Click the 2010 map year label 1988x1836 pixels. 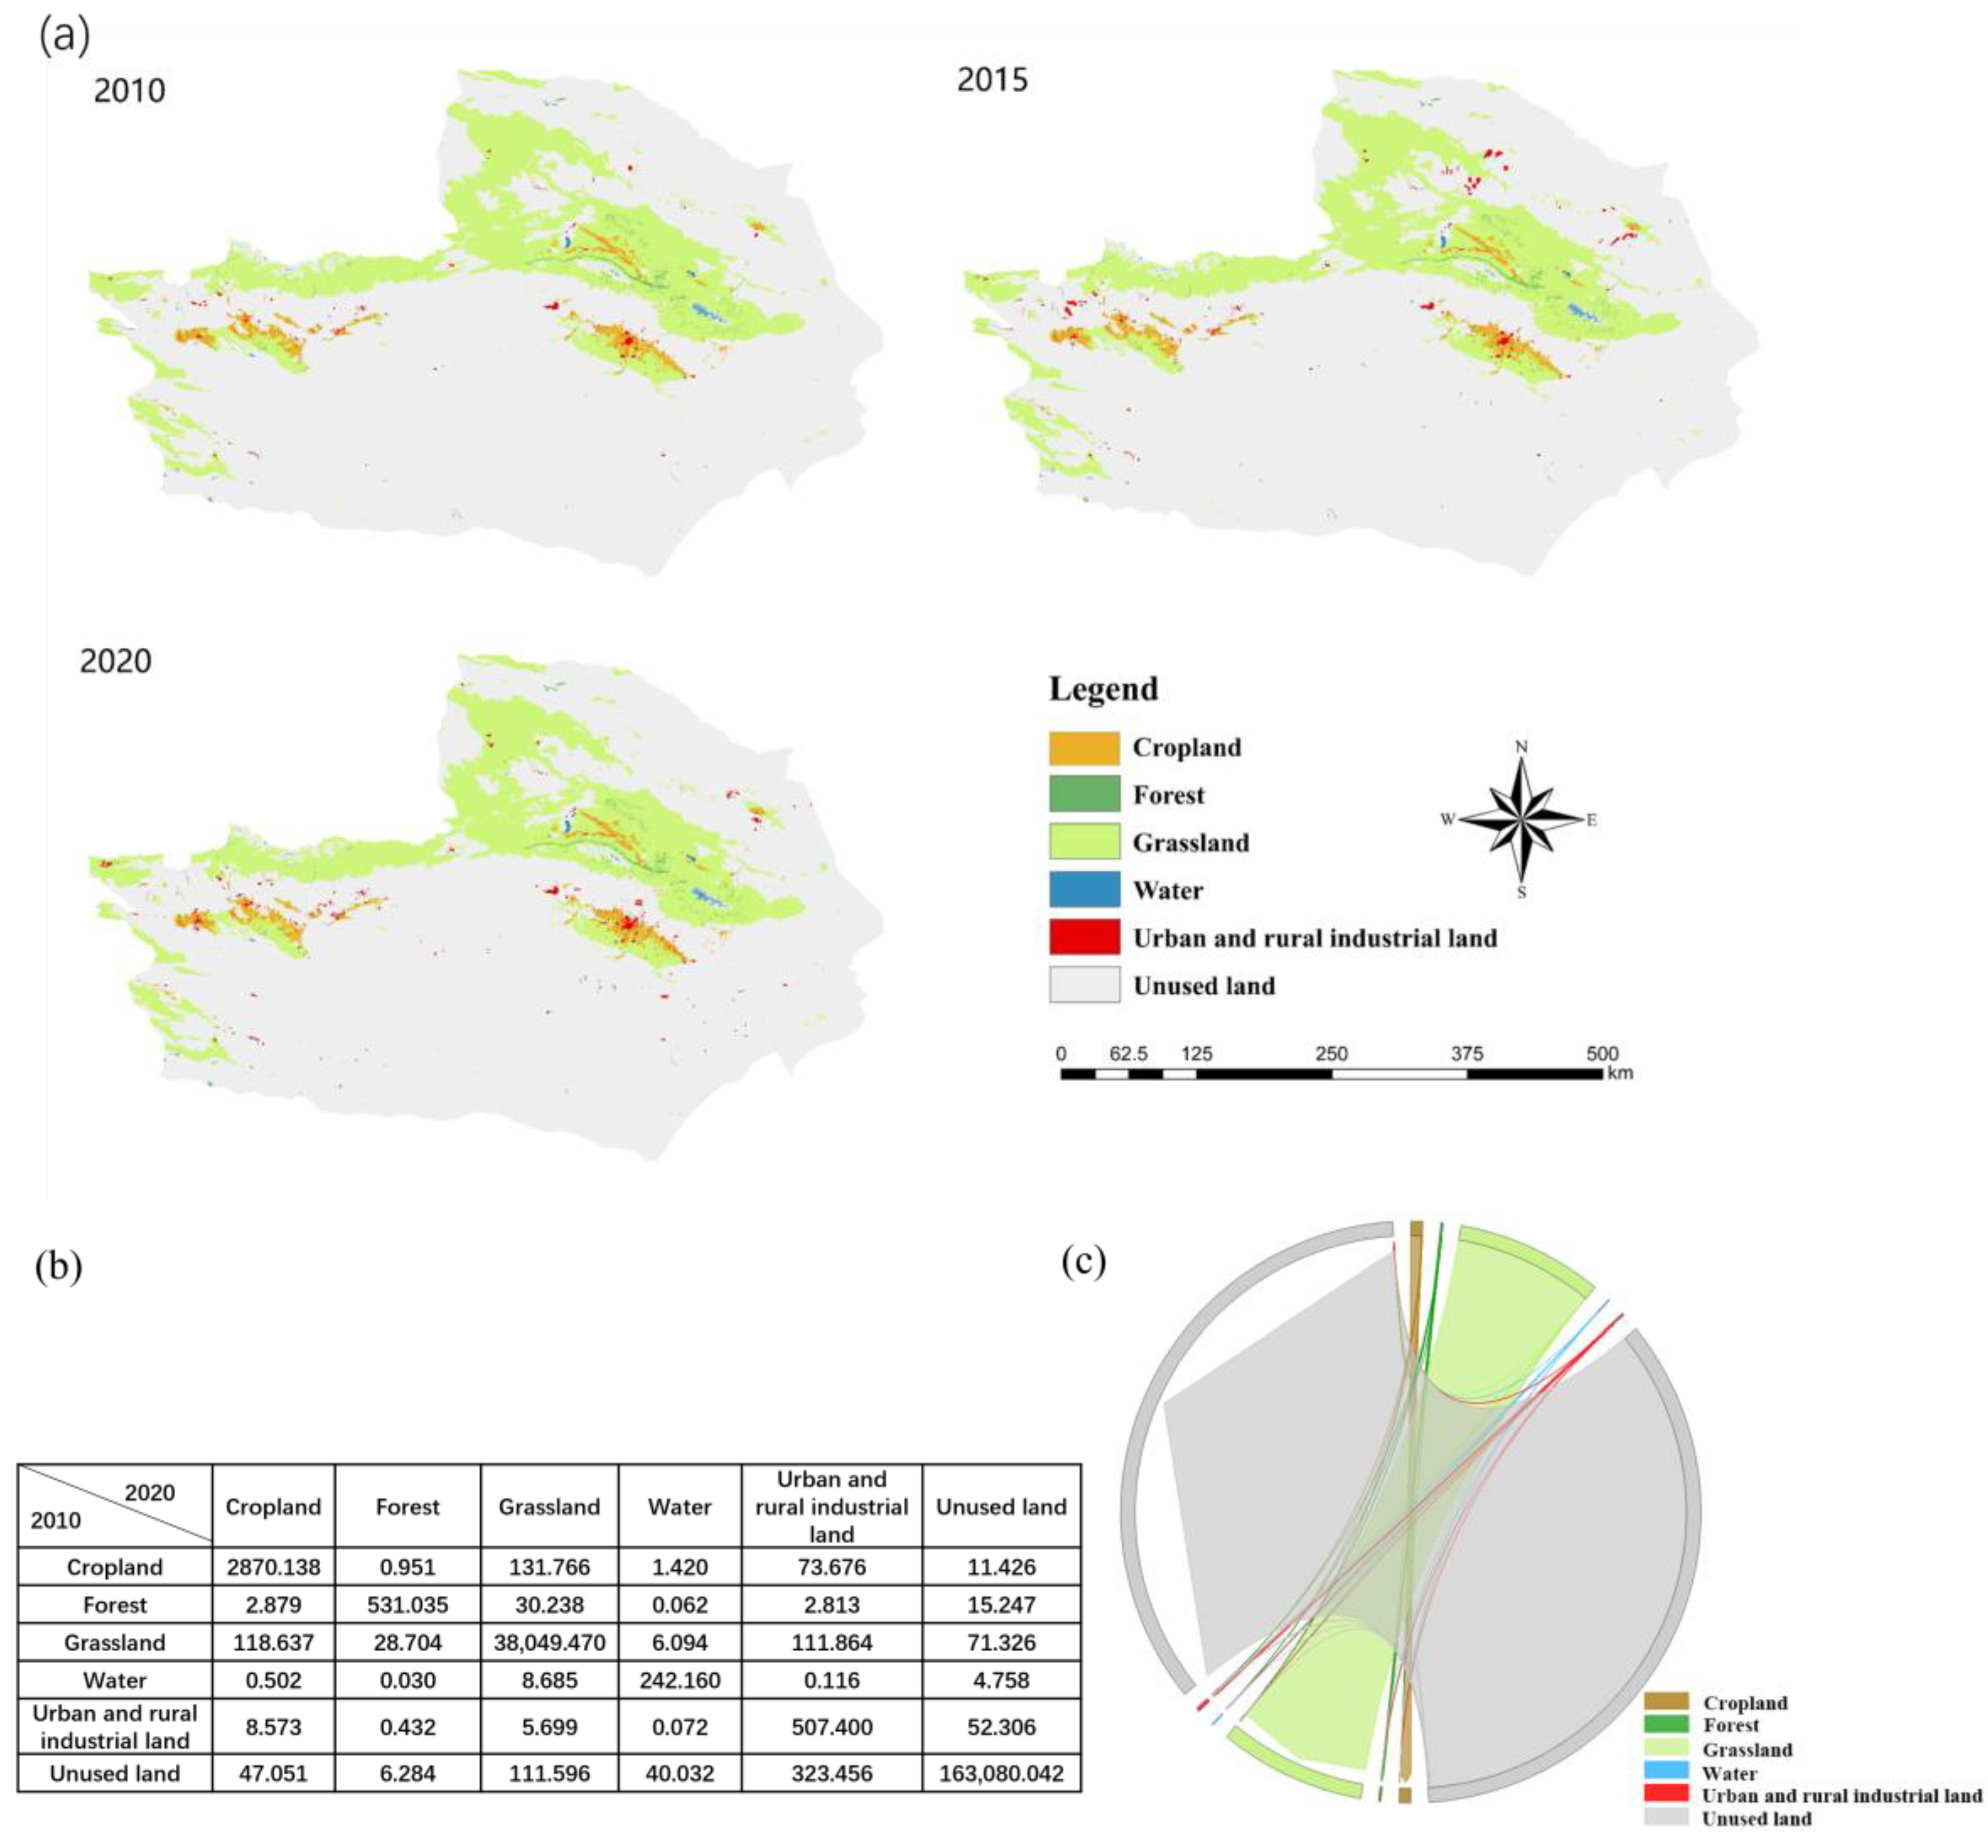point(129,92)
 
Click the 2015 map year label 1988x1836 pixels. point(991,79)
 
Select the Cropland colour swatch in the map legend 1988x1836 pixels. point(1084,748)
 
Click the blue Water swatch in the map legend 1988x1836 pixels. point(1084,890)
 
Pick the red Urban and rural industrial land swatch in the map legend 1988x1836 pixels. point(1084,938)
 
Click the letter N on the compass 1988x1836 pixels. point(1521,747)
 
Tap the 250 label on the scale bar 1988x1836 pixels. point(1331,1054)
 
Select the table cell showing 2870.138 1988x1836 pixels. point(273,1568)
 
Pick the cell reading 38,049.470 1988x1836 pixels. point(549,1643)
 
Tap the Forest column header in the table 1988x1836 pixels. point(407,1507)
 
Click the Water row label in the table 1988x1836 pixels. point(115,1681)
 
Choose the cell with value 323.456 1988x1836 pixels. point(831,1774)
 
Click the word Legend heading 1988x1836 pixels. point(1103,689)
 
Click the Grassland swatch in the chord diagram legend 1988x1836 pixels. point(1666,1749)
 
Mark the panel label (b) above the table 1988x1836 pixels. point(58,1267)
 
